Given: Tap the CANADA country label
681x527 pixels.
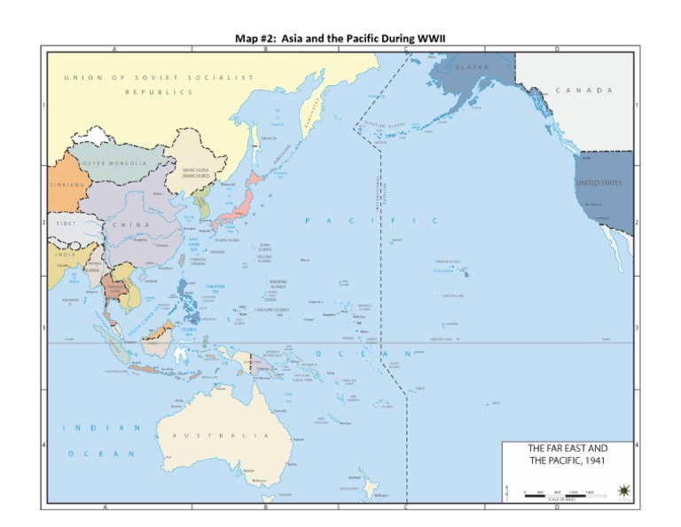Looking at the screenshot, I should pos(584,90).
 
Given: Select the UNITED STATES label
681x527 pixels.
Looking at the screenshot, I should pos(599,183).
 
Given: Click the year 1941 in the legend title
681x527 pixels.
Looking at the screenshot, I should pos(593,460).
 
